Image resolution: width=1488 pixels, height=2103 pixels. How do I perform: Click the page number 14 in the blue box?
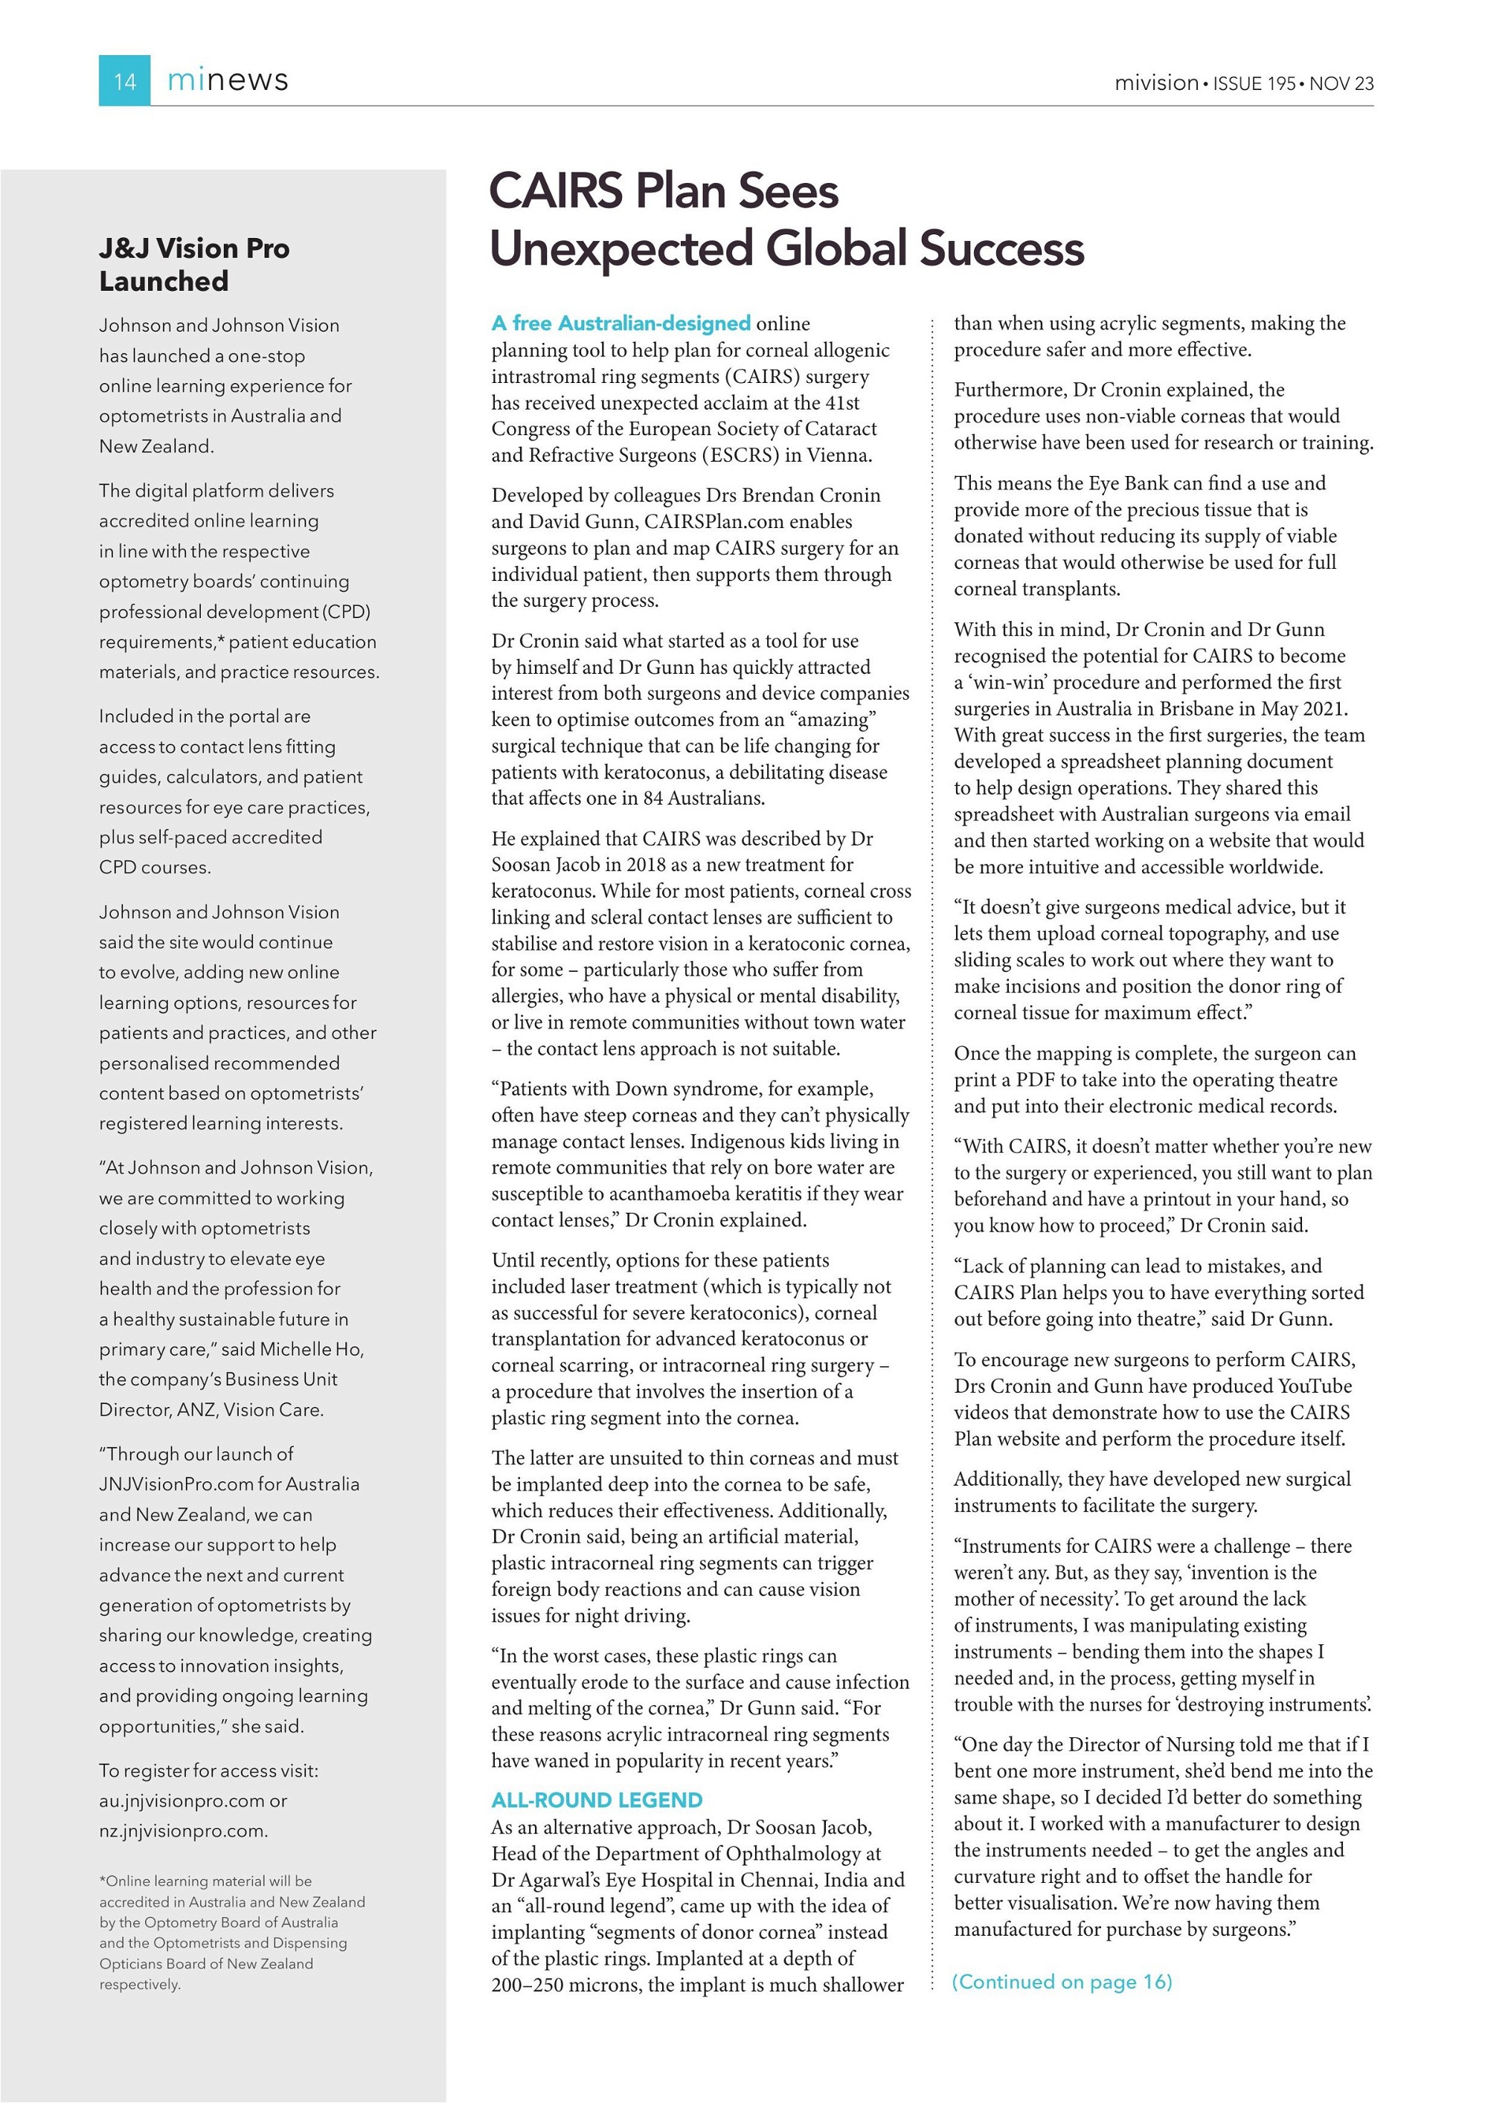pyautogui.click(x=124, y=82)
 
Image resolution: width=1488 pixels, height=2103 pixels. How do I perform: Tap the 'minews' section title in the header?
pyautogui.click(x=227, y=80)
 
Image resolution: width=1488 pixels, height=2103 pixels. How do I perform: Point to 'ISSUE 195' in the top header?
pyautogui.click(x=1254, y=83)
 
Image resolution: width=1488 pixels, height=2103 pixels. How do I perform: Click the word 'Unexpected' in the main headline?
pyautogui.click(x=620, y=248)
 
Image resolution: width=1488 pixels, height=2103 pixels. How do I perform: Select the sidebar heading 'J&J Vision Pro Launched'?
pyautogui.click(x=193, y=264)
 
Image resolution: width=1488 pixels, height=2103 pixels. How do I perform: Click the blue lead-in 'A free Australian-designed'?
pyautogui.click(x=620, y=323)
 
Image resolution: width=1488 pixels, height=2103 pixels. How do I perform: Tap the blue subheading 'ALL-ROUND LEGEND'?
pyautogui.click(x=597, y=1800)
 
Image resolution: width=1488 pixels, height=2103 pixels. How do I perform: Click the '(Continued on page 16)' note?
pyautogui.click(x=1062, y=1982)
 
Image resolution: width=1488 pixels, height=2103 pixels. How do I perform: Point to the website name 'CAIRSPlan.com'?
pyautogui.click(x=722, y=522)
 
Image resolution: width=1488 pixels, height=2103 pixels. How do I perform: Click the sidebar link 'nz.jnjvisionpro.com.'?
pyautogui.click(x=183, y=1831)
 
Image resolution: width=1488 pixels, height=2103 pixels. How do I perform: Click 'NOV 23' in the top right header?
pyautogui.click(x=1341, y=83)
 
